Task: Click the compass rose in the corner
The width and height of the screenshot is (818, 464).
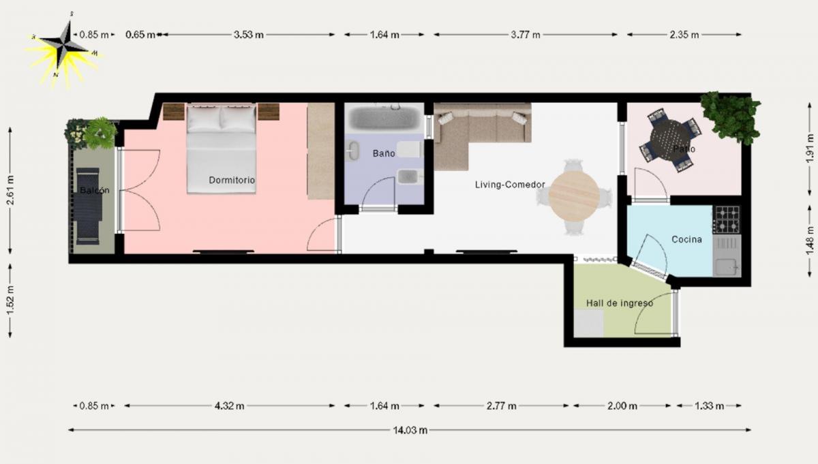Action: pos(65,48)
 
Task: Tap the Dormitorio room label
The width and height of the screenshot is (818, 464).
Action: pos(232,181)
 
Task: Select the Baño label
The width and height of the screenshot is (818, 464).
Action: pos(383,153)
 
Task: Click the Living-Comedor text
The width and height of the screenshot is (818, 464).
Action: pos(509,184)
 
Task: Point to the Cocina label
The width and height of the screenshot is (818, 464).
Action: pos(686,239)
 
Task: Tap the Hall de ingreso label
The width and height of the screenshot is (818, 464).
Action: pos(619,303)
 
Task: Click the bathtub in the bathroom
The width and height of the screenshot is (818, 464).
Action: pos(384,118)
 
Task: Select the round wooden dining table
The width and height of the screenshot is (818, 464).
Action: pos(574,195)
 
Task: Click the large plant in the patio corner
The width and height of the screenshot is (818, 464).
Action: pos(731,116)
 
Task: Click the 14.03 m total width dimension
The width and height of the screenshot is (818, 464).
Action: pos(410,430)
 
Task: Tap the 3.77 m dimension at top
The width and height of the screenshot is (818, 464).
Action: pos(526,35)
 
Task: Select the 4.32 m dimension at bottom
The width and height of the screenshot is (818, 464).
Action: pos(229,406)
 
